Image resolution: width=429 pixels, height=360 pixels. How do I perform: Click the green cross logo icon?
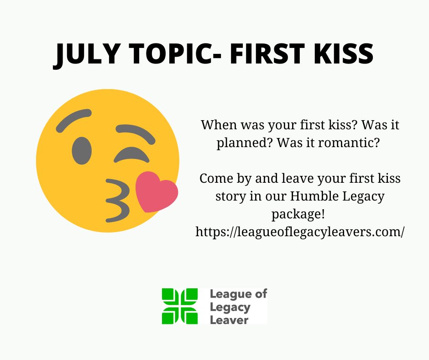(179, 306)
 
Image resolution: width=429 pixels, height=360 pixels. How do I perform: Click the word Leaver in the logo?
(229, 319)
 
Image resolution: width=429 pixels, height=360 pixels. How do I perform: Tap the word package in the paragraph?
(295, 214)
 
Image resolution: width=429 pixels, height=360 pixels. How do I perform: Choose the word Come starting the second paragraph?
(216, 178)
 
